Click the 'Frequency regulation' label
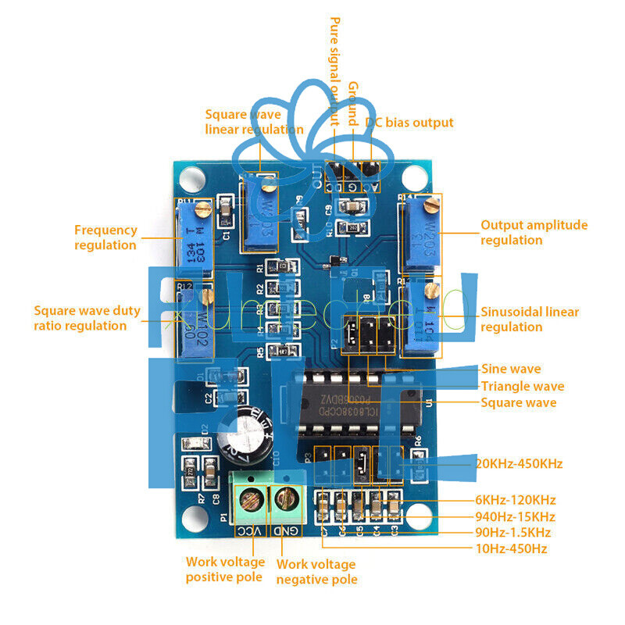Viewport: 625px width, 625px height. [105, 237]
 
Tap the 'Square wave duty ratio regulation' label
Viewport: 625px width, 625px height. [87, 318]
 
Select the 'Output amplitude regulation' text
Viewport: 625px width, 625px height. [534, 232]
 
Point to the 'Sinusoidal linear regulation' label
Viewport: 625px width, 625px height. [530, 319]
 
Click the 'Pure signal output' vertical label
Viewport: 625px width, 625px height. [334, 71]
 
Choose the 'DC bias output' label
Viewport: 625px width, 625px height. [409, 123]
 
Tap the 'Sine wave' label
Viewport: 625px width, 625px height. [511, 369]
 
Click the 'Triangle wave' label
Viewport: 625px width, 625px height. [522, 386]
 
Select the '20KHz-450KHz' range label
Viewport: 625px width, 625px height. [519, 463]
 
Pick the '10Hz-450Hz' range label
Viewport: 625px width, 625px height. [511, 548]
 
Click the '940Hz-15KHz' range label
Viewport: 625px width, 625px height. [515, 516]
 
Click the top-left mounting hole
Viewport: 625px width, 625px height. [188, 180]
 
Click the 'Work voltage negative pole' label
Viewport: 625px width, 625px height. [316, 572]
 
